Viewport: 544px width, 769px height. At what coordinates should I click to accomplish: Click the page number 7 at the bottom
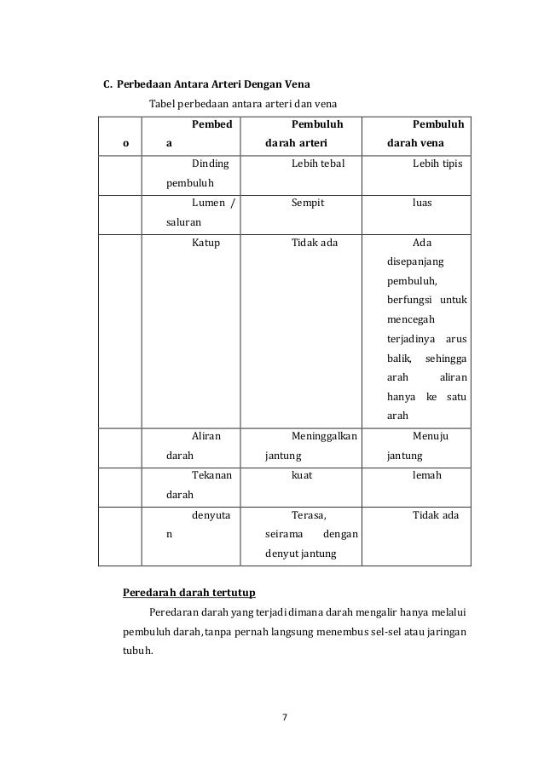pos(286,716)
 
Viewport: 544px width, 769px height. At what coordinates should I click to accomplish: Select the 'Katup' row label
pos(206,243)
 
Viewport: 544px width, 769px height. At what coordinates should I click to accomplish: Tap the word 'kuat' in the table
pos(301,475)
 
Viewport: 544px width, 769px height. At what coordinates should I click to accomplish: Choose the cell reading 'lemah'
pos(426,475)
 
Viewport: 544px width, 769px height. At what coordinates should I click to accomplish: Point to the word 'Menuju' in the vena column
pos(431,436)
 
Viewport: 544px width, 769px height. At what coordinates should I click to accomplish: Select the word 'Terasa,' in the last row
pos(310,515)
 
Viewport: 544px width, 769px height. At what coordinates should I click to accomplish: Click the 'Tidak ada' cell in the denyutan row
pos(436,515)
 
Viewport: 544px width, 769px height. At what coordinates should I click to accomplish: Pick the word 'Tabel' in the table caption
pos(162,104)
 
